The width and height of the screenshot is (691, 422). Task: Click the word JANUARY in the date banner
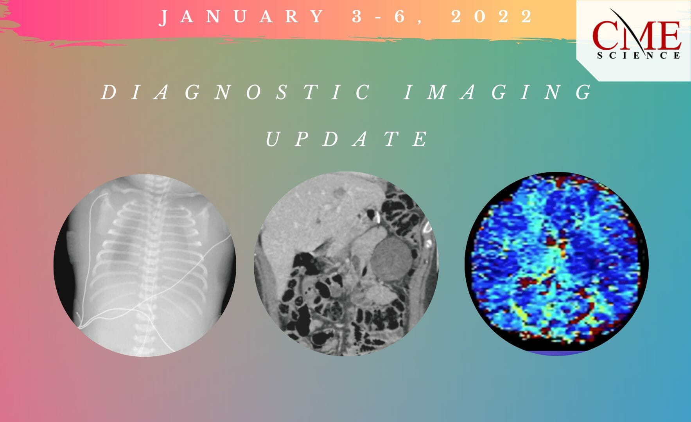coord(242,17)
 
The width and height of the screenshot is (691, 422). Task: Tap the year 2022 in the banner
coord(492,17)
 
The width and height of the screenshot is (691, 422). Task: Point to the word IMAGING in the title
coord(497,93)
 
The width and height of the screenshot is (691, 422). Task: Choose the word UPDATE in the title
coord(346,139)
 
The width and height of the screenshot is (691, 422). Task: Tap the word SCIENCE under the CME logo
coord(638,56)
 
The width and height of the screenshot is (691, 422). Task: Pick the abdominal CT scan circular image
coord(346,264)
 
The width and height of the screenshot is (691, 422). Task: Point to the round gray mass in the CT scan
coord(391,258)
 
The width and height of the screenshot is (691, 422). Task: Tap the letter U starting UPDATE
coord(271,139)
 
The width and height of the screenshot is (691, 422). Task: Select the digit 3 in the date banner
coord(357,17)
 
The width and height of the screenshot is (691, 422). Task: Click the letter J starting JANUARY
coord(164,18)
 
